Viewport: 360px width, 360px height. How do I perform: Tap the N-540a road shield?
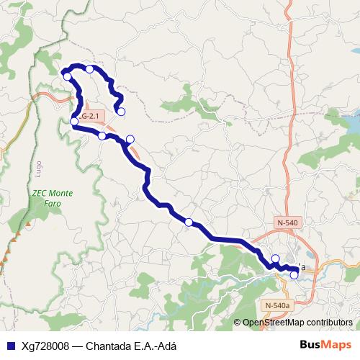(x=279, y=305)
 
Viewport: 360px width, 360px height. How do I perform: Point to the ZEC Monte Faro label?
(x=53, y=198)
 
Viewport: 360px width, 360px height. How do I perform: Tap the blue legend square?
(x=10, y=346)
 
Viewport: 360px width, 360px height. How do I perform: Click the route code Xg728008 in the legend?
(x=46, y=346)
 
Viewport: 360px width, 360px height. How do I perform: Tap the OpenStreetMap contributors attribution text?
(x=297, y=323)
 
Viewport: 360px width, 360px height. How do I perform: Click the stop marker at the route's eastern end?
(x=294, y=274)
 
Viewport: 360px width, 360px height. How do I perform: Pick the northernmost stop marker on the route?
(x=89, y=69)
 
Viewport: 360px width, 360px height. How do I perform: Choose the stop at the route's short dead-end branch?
(x=121, y=111)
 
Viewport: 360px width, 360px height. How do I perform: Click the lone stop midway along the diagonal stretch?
(x=189, y=222)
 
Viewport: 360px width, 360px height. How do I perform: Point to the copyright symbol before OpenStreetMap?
(x=238, y=323)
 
